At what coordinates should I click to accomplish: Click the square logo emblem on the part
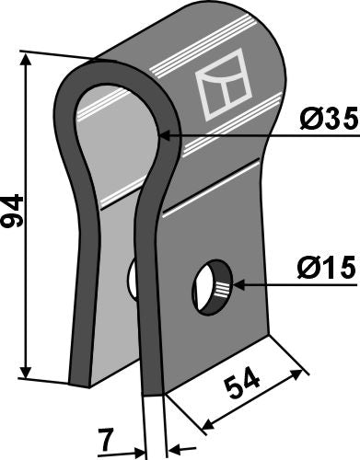click(x=225, y=89)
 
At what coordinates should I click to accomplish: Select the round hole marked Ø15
click(x=211, y=287)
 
